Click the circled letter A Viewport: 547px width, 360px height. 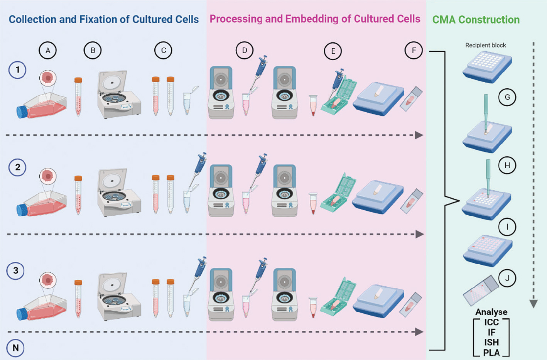click(x=48, y=51)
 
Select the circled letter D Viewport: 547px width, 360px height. click(x=245, y=51)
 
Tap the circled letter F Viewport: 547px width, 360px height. click(x=414, y=51)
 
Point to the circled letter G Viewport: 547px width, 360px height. click(x=507, y=97)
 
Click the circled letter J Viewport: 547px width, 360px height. click(x=507, y=278)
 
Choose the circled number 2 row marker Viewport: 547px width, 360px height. click(x=17, y=167)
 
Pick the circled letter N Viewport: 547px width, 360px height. click(x=15, y=348)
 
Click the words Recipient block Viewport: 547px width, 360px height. click(x=485, y=45)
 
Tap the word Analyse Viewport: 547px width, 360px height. click(x=491, y=312)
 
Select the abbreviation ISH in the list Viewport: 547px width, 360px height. click(x=491, y=342)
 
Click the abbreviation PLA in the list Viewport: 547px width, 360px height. click(x=491, y=353)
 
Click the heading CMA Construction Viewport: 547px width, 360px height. click(x=476, y=20)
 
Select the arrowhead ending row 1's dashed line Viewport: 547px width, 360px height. click(x=419, y=135)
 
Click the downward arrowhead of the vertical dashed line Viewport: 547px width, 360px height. click(x=533, y=304)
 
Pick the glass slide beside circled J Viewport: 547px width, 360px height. click(x=480, y=290)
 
